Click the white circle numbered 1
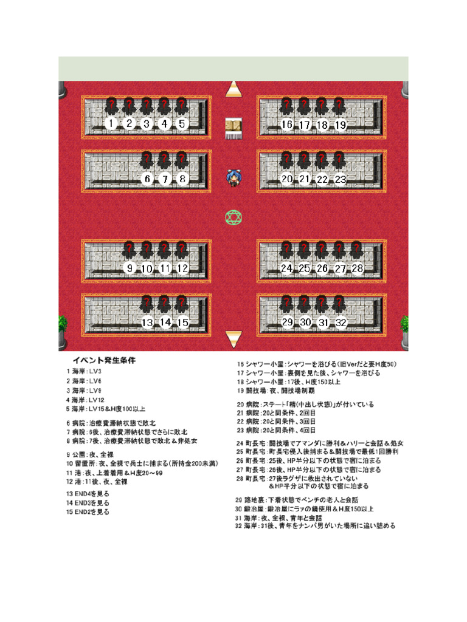111,124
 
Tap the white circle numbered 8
182,179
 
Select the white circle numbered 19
341,125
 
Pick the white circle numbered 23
341,179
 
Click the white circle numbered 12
182,268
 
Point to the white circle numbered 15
182,323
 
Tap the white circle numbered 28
358,268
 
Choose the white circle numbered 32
341,323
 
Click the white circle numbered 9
128,268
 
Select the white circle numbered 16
288,125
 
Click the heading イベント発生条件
104,360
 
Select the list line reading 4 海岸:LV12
85,400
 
